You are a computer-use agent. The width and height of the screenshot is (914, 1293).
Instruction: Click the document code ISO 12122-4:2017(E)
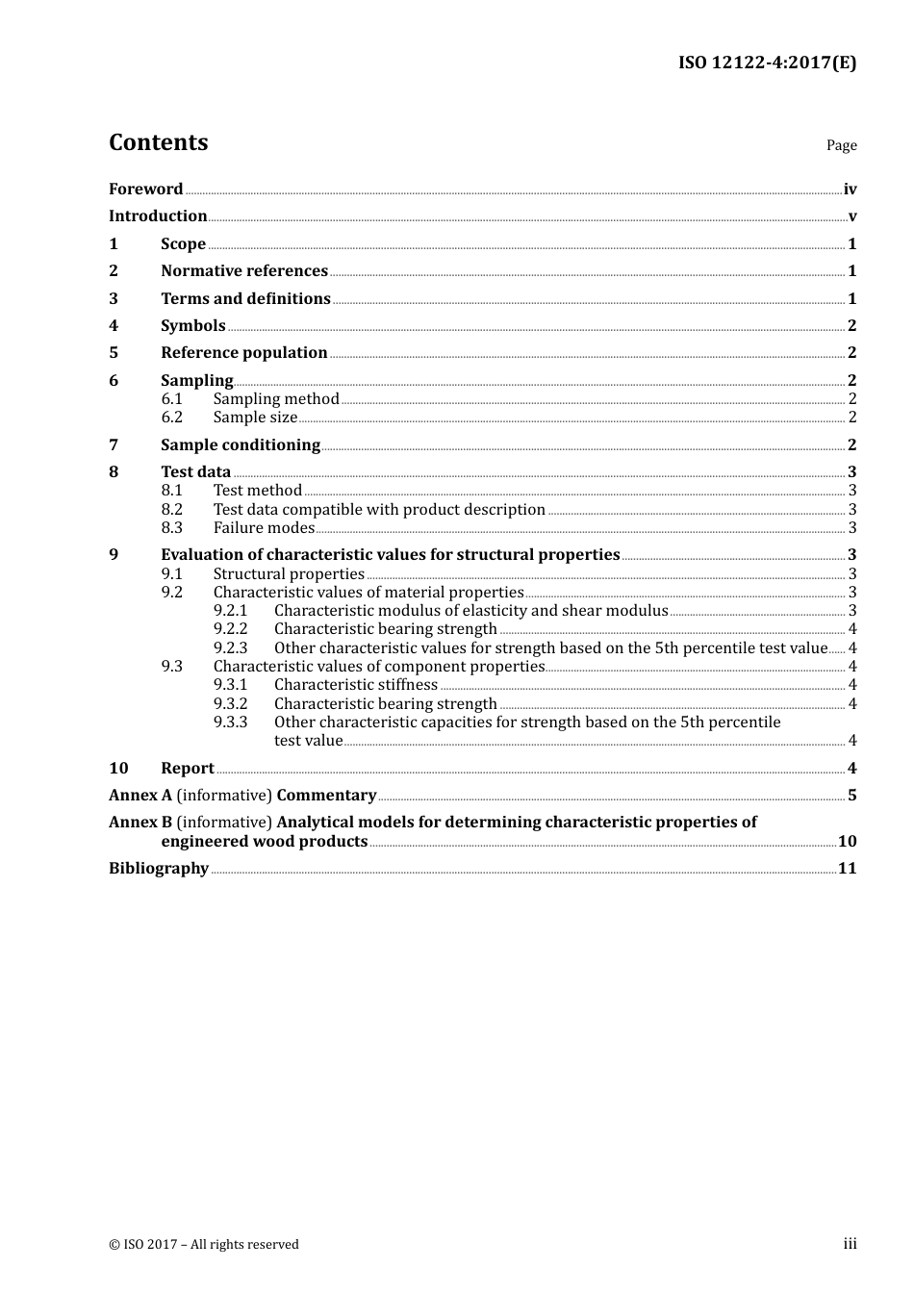[x=767, y=63]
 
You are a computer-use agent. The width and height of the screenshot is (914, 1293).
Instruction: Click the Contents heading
[x=158, y=142]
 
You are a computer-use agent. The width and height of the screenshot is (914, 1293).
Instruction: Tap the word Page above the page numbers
[x=841, y=145]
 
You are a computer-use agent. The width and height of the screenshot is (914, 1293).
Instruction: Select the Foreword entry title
[x=145, y=190]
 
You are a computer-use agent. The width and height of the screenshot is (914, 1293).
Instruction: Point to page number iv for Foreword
[x=850, y=190]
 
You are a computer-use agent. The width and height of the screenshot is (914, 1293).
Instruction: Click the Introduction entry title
[x=158, y=216]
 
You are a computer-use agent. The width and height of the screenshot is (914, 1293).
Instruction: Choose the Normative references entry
[x=244, y=271]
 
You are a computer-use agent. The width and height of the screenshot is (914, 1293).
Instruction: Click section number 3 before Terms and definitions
[x=114, y=299]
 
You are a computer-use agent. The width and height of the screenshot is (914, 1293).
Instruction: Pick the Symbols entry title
[x=193, y=326]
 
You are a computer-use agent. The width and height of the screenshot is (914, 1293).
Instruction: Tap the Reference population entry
[x=244, y=353]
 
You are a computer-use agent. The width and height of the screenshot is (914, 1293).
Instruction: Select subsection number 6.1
[x=171, y=399]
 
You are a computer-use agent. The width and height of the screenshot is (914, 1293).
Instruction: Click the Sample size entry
[x=255, y=418]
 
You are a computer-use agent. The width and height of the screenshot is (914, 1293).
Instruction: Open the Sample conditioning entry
[x=241, y=445]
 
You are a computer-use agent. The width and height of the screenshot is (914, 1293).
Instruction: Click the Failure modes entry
[x=264, y=528]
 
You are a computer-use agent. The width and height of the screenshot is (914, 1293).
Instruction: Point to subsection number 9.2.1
[x=230, y=611]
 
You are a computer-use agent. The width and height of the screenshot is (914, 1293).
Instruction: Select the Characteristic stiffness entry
[x=356, y=685]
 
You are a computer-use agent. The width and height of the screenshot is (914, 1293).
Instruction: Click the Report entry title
[x=188, y=769]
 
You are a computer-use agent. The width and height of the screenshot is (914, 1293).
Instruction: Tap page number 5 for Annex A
[x=851, y=796]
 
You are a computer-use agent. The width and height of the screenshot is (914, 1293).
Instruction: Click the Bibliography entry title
[x=159, y=869]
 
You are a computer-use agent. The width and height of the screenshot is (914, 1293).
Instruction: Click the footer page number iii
[x=850, y=1244]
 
